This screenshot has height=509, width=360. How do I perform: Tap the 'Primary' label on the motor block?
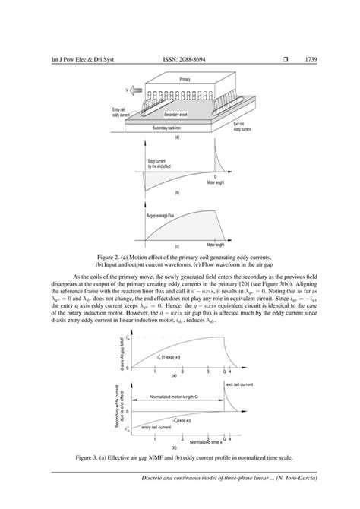185,79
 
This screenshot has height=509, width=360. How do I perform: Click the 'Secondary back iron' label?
171,128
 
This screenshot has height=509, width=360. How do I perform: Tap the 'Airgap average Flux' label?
161,216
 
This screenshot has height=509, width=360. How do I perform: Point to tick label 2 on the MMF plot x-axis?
182,371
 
